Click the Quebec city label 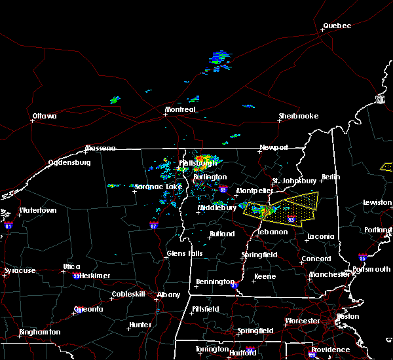point(337,26)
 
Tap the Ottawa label point(45,117)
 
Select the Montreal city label point(180,110)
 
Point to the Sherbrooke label point(298,117)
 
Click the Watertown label point(37,211)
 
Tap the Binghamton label point(39,332)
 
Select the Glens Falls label point(184,253)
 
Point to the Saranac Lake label point(158,187)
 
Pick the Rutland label point(222,234)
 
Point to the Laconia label point(322,236)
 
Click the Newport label point(274,147)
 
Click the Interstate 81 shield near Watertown point(9,225)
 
